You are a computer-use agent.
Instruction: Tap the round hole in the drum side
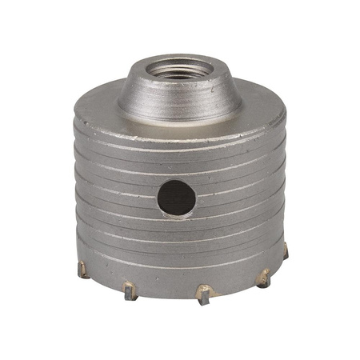pyautogui.click(x=175, y=195)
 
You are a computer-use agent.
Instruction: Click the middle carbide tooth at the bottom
pyautogui.click(x=203, y=295)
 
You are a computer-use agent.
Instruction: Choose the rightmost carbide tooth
pyautogui.click(x=284, y=251)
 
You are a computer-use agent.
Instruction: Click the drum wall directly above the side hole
pyautogui.click(x=175, y=164)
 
